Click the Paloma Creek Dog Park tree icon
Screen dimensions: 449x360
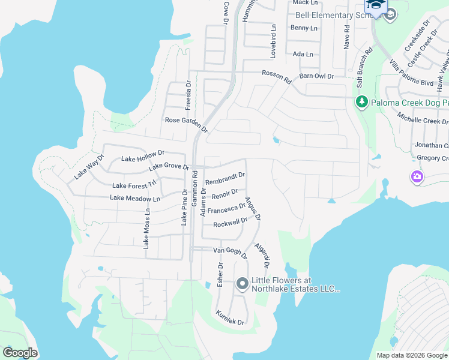point(361,102)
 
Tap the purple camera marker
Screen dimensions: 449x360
point(417,176)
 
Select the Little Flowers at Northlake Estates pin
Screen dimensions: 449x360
point(242,283)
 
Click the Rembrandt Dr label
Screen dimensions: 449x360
point(225,178)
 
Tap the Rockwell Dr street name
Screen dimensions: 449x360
point(231,223)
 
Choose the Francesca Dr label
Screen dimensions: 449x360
point(226,209)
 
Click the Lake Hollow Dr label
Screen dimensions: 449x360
point(142,157)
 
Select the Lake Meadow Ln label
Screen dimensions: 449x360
point(135,198)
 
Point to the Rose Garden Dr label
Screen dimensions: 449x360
point(186,124)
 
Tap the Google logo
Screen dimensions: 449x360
point(20,353)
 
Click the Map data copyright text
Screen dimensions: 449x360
point(412,355)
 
